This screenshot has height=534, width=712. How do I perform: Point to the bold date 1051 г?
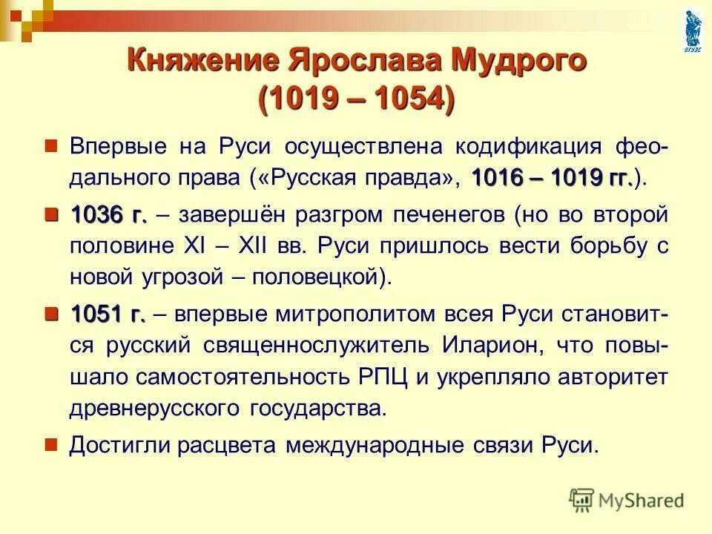pos(108,314)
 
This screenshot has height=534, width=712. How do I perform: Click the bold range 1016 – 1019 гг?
pos(552,178)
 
